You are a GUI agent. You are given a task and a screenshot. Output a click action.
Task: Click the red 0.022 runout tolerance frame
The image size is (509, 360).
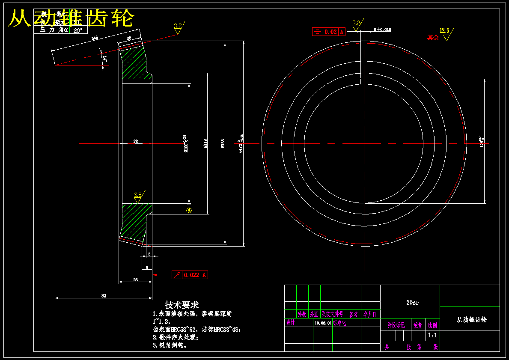coord(190,275)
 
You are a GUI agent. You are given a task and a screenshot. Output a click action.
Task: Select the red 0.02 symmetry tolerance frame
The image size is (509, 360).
coord(329,32)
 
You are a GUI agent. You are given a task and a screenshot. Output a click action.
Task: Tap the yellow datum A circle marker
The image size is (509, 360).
coord(189,210)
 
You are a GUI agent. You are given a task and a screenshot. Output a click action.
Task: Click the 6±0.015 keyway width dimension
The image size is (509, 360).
coord(382,30)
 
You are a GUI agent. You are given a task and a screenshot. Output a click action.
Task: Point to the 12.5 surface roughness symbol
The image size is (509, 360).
coord(446,33)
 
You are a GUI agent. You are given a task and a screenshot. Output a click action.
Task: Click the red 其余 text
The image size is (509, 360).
coord(433,38)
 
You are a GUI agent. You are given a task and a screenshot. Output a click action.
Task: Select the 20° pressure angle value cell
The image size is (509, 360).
coord(78,30)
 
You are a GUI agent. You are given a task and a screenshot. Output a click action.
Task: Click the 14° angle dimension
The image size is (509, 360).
coord(105,58)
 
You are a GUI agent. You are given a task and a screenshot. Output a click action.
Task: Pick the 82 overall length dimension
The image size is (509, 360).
coord(103,295)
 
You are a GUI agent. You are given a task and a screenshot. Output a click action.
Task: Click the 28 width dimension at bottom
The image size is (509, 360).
coord(135,280)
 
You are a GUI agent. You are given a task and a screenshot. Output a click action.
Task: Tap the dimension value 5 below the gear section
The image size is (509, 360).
coord(149,254)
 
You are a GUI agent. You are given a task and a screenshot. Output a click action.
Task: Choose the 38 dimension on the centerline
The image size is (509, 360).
coord(135,141)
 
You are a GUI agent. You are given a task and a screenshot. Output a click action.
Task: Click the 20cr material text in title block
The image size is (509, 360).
coord(412,303)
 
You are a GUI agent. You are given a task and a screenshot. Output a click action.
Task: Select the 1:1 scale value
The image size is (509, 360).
coord(433,336)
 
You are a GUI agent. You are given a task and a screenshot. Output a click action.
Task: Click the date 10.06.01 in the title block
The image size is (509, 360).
coord(323,324)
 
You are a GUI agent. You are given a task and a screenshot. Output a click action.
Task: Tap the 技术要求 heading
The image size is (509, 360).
coord(182,305)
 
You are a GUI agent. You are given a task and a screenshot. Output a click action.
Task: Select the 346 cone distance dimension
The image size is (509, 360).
coord(95,38)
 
